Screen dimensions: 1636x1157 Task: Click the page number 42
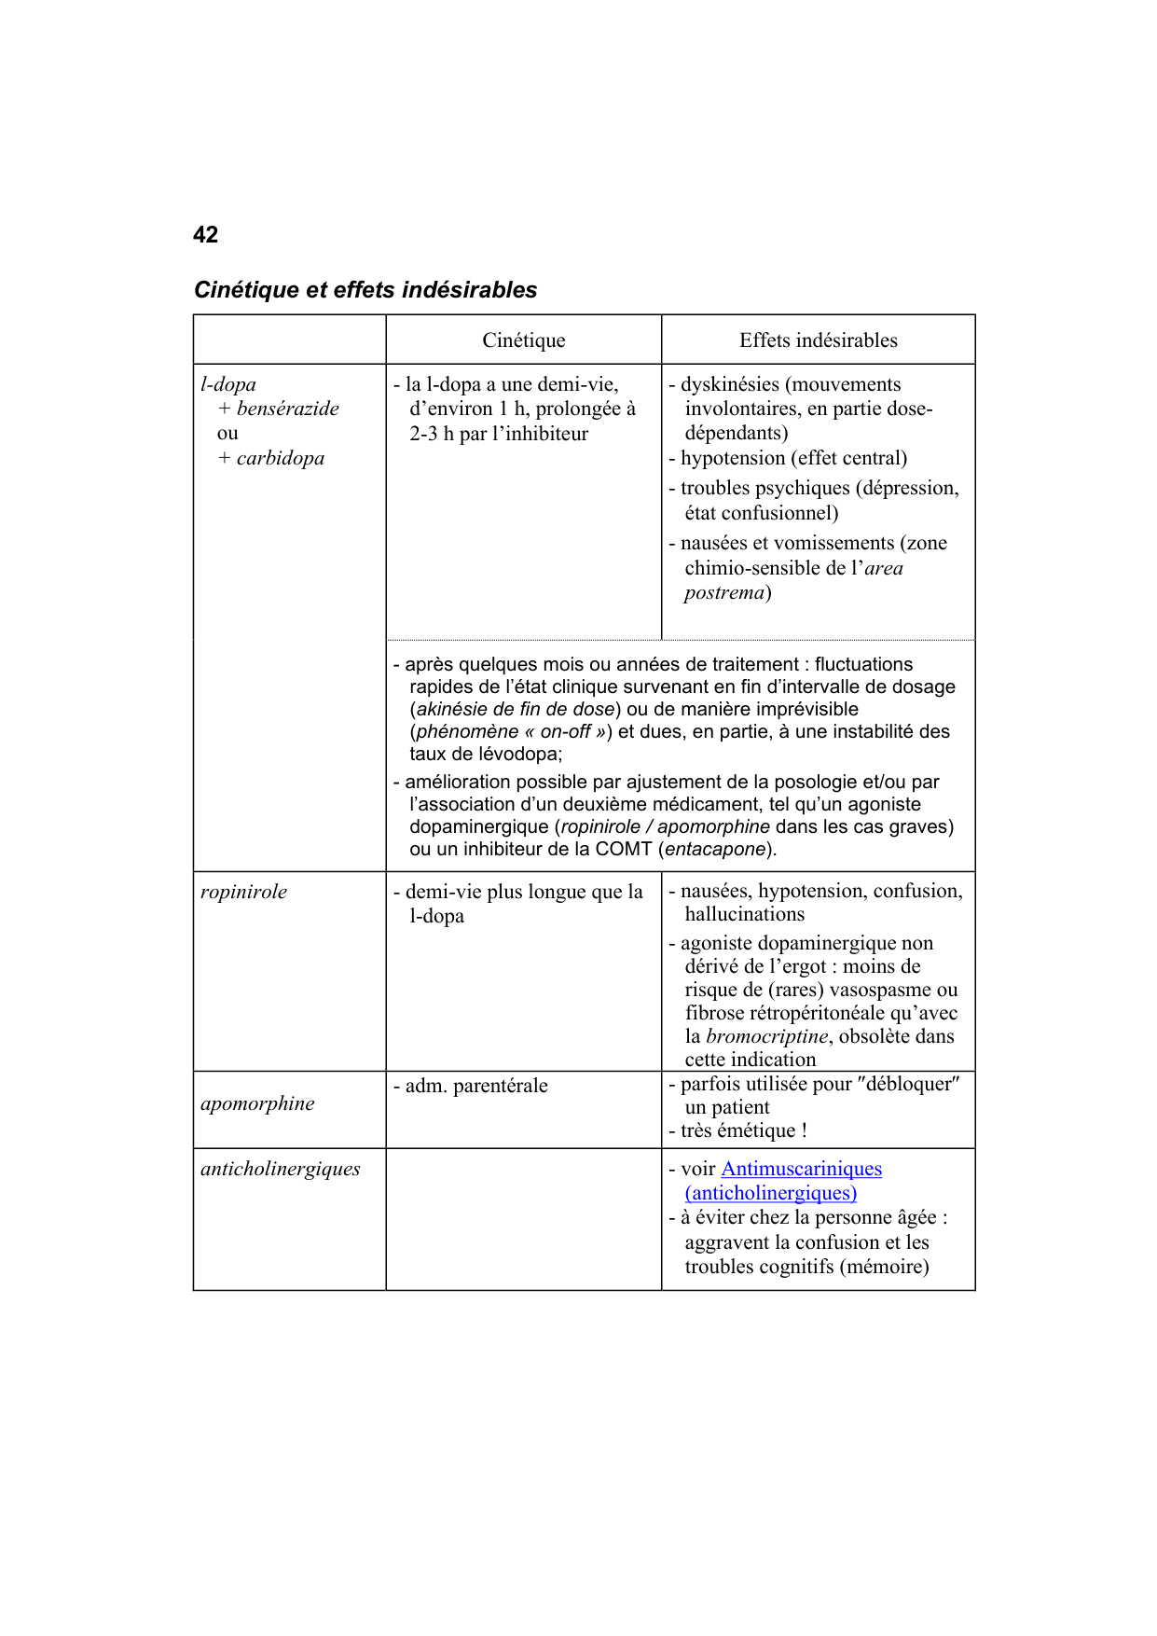point(205,235)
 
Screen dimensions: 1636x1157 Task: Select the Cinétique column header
point(523,340)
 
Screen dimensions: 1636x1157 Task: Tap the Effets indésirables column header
point(818,340)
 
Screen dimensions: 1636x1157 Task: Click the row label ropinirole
point(243,892)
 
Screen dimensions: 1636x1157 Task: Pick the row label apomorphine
point(257,1103)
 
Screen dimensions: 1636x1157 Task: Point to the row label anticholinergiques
point(280,1169)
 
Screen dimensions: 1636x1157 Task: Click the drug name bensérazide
point(287,409)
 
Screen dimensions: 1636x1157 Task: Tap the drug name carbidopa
point(280,458)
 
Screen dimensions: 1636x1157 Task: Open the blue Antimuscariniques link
point(801,1169)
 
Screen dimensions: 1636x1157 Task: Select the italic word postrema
point(723,593)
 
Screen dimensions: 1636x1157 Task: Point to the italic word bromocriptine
point(766,1036)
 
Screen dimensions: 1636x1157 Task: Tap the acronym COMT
point(623,850)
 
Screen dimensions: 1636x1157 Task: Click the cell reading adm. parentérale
point(475,1086)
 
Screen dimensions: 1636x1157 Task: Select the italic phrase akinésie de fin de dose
point(515,710)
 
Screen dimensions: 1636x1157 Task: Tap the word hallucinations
point(744,915)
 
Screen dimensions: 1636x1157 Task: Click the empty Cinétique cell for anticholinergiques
point(523,1218)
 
